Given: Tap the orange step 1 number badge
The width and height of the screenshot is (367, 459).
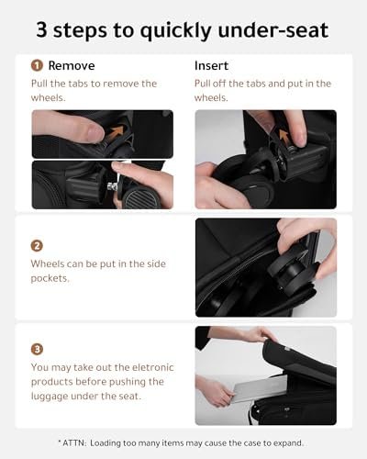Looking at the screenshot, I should (37, 66).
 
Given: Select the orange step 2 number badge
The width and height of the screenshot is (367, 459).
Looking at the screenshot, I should (37, 245).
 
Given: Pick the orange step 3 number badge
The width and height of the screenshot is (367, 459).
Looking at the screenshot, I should (37, 350).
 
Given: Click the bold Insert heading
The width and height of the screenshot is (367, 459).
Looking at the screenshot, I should (213, 66).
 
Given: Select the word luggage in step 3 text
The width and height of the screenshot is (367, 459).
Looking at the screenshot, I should (52, 398).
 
